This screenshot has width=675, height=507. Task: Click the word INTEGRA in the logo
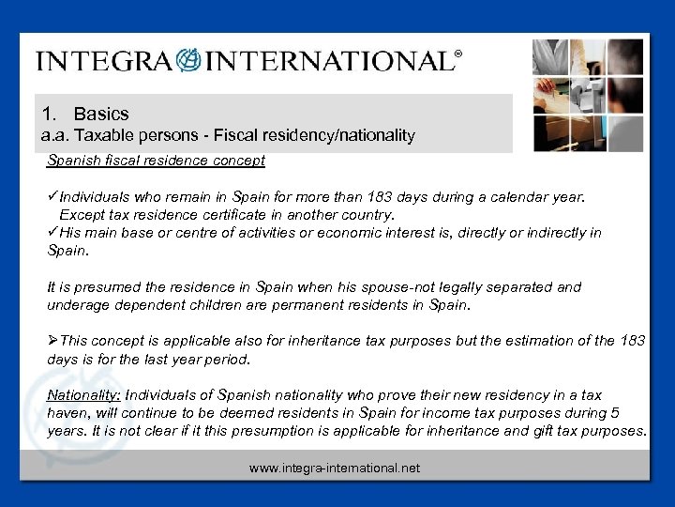[x=103, y=61]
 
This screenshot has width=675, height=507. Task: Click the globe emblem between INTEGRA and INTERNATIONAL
[x=187, y=61]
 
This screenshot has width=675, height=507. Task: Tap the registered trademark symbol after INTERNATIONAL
[x=457, y=55]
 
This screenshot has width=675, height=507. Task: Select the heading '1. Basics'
[x=86, y=115]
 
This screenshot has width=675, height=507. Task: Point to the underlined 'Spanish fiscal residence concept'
[x=157, y=161]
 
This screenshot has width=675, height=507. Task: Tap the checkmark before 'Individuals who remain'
[x=52, y=198]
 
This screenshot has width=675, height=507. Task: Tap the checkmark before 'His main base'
[x=52, y=232]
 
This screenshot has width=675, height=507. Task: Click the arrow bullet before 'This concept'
[x=52, y=341]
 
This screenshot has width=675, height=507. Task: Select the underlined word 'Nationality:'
[x=83, y=395]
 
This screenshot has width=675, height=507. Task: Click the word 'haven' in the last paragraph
[x=67, y=413]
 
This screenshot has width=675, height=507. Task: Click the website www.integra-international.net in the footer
[x=335, y=467]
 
